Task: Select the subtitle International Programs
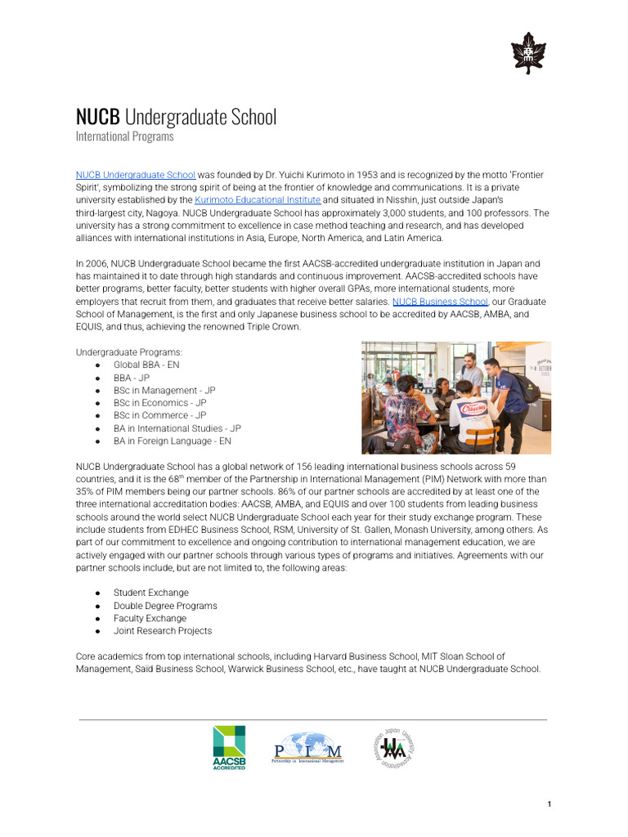tap(124, 137)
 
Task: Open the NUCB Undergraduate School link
tap(136, 175)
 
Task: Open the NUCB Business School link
tap(440, 302)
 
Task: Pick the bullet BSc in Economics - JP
tap(159, 403)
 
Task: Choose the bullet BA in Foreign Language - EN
tap(173, 441)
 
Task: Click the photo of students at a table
tap(455, 397)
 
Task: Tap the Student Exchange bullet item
tap(150, 593)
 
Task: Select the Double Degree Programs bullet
tap(165, 606)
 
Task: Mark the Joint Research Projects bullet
tap(163, 631)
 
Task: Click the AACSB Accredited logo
tap(229, 747)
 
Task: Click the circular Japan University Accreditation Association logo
tap(394, 747)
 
